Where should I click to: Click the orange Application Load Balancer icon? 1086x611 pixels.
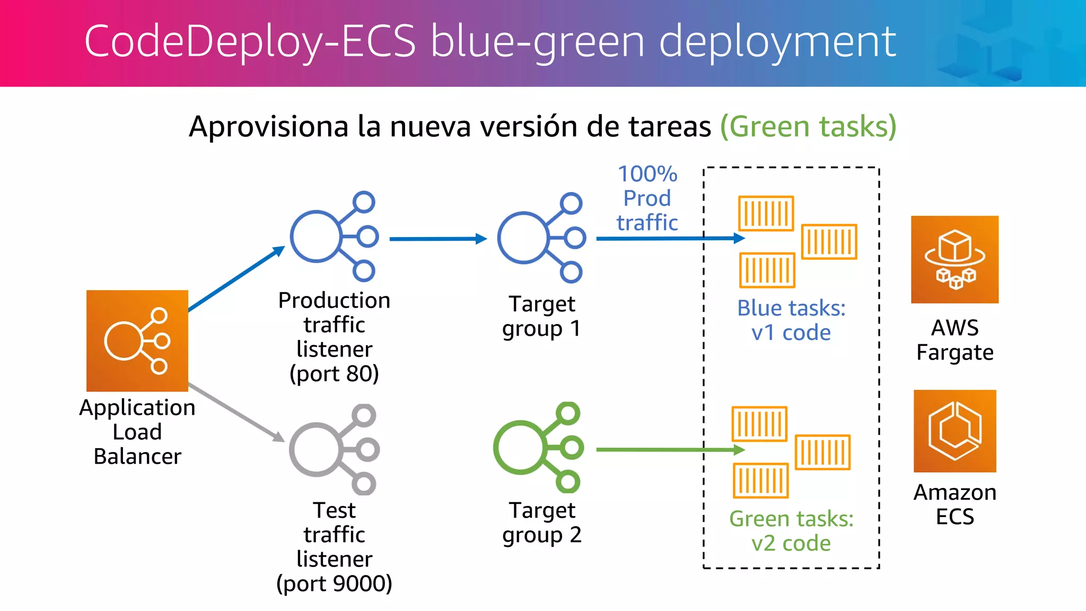tap(137, 341)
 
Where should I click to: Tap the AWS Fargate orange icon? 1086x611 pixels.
tap(954, 259)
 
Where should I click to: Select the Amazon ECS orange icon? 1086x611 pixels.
tap(954, 431)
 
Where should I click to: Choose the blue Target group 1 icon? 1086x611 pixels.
tap(540, 238)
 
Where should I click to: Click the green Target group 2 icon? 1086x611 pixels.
tap(538, 447)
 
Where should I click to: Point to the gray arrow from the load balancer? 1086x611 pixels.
tap(236, 412)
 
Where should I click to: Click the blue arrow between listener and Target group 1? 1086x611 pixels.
tap(437, 239)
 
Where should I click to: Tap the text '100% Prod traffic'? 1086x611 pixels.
tap(647, 198)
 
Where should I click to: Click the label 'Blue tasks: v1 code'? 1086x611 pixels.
tap(791, 320)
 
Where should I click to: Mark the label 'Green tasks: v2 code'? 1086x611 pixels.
tap(791, 531)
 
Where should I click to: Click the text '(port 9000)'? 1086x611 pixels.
tap(334, 583)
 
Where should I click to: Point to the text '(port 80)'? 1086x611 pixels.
tap(334, 374)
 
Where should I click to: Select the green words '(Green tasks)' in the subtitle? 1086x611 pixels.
tap(808, 127)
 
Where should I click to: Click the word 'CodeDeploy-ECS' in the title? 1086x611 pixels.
tap(250, 41)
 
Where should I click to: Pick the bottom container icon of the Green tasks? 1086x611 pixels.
tap(760, 481)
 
